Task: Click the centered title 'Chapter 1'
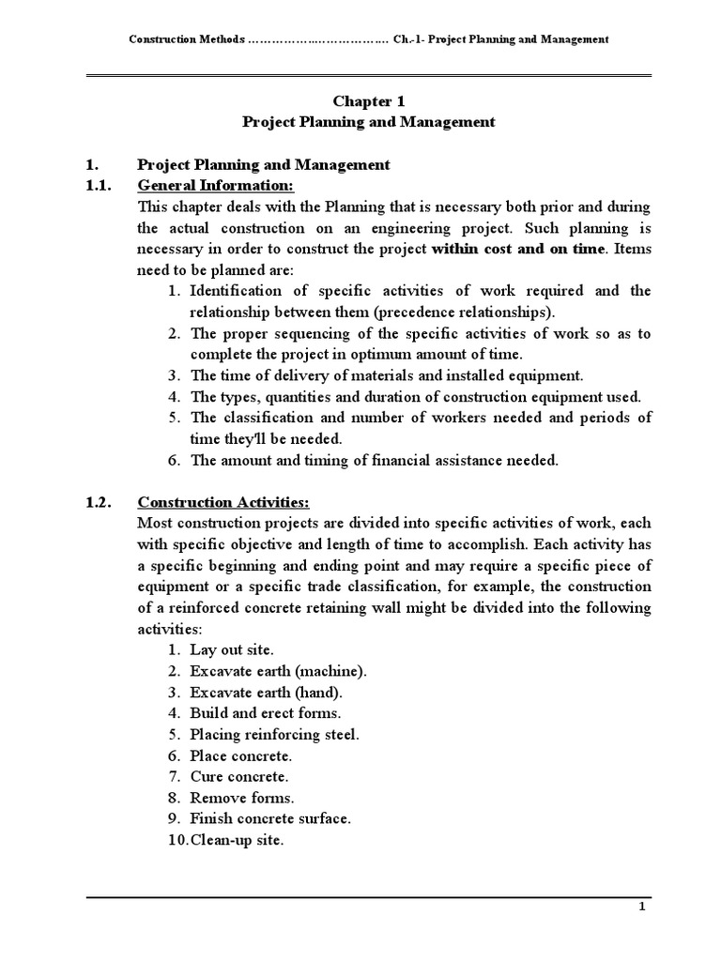click(x=368, y=100)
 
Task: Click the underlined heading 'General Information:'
click(x=215, y=185)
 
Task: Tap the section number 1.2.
click(x=99, y=501)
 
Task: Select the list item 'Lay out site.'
click(x=232, y=649)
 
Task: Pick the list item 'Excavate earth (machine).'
click(x=279, y=671)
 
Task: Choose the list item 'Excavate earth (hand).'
click(x=267, y=692)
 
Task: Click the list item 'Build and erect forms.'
click(x=266, y=713)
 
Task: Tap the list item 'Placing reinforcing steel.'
click(x=274, y=734)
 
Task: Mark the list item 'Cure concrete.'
click(x=239, y=776)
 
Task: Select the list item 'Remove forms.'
click(x=242, y=798)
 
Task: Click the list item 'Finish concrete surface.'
click(x=270, y=818)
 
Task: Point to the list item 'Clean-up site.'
click(x=237, y=840)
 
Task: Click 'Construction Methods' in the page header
click(x=186, y=39)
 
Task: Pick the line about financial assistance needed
click(x=374, y=459)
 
